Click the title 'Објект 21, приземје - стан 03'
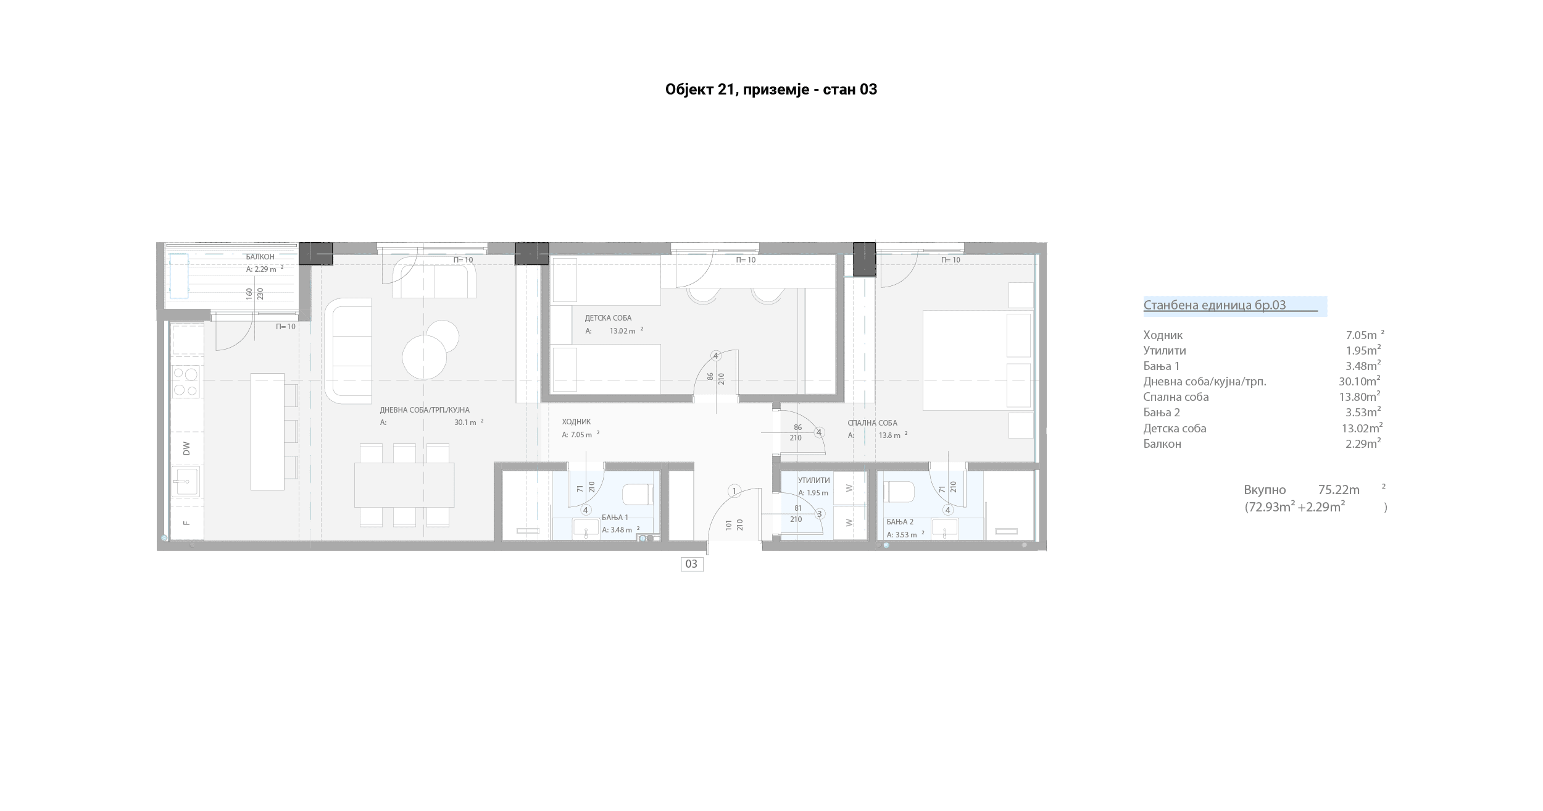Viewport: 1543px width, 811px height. point(771,90)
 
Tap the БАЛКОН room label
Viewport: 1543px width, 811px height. point(260,257)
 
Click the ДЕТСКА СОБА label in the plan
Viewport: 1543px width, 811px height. point(608,318)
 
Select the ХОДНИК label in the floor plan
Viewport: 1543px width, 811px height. point(576,422)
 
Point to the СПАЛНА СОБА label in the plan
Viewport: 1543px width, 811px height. point(872,423)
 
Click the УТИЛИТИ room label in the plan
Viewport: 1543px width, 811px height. point(813,480)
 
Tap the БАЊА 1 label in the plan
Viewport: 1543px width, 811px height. point(615,518)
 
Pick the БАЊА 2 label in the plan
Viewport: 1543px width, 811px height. point(900,522)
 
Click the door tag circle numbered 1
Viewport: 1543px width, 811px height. point(734,492)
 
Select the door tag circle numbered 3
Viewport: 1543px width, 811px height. point(820,514)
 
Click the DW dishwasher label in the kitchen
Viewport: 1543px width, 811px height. point(186,449)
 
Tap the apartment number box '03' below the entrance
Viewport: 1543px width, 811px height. point(692,564)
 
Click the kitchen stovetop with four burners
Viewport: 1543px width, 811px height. point(186,381)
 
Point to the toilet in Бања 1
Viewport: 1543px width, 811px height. point(638,494)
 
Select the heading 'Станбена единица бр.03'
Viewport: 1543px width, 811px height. point(1214,305)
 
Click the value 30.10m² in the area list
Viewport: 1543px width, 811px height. point(1359,381)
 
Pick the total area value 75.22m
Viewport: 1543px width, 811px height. point(1339,490)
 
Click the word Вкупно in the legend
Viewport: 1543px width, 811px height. point(1265,490)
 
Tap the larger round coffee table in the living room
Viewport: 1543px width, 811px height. point(425,357)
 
